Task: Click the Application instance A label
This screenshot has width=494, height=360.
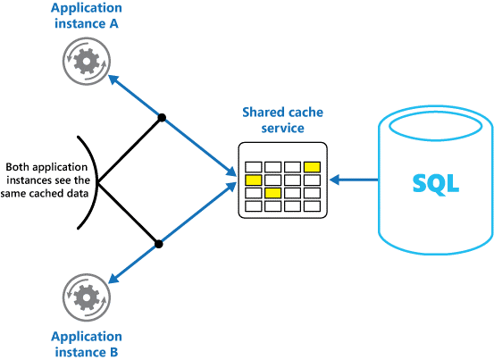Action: [x=87, y=16]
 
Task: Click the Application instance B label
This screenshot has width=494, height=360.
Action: [x=87, y=343]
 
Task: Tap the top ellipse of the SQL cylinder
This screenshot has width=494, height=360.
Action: [x=435, y=124]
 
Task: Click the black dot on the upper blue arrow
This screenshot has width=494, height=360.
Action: [x=161, y=117]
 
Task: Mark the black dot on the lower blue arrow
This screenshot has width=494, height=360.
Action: [x=158, y=242]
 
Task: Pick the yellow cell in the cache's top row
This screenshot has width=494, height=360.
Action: [x=312, y=166]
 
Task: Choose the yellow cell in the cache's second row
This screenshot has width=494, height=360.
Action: [x=254, y=180]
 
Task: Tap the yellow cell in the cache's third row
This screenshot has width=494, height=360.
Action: [x=273, y=193]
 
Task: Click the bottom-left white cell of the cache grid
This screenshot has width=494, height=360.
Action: [x=254, y=206]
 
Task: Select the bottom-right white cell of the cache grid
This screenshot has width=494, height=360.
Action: [x=312, y=206]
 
